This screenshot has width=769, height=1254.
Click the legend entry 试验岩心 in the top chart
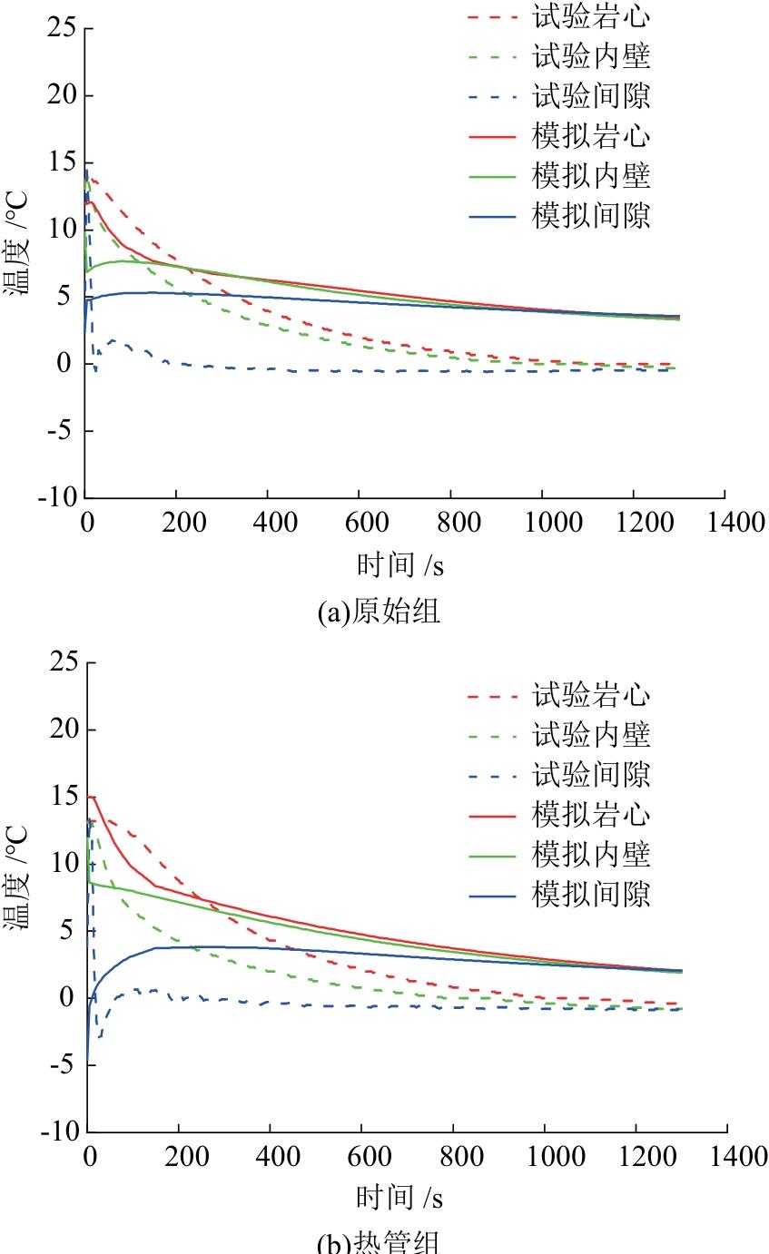point(591,17)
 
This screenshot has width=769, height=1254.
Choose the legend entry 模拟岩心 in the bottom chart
point(591,815)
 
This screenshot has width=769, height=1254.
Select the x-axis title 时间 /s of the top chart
point(399,566)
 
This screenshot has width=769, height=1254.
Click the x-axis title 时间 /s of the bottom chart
point(399,1199)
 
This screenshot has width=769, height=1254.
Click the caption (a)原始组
point(380,612)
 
